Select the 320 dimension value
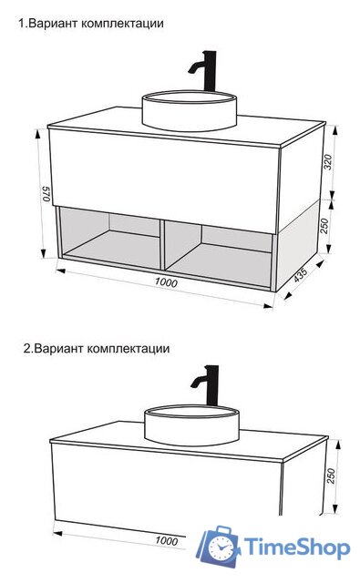(x=329, y=163)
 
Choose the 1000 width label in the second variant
(x=166, y=540)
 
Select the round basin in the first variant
(x=190, y=110)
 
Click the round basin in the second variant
(x=192, y=425)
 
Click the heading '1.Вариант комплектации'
(x=91, y=24)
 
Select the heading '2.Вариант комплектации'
(x=96, y=348)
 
